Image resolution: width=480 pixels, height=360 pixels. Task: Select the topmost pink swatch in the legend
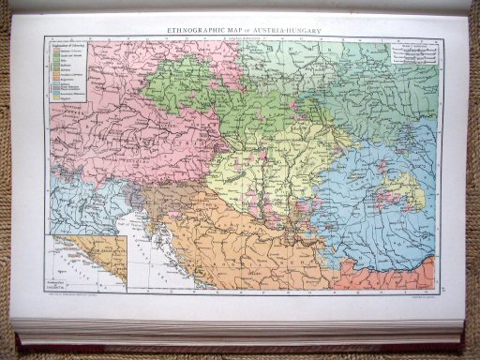[x=54, y=51]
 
